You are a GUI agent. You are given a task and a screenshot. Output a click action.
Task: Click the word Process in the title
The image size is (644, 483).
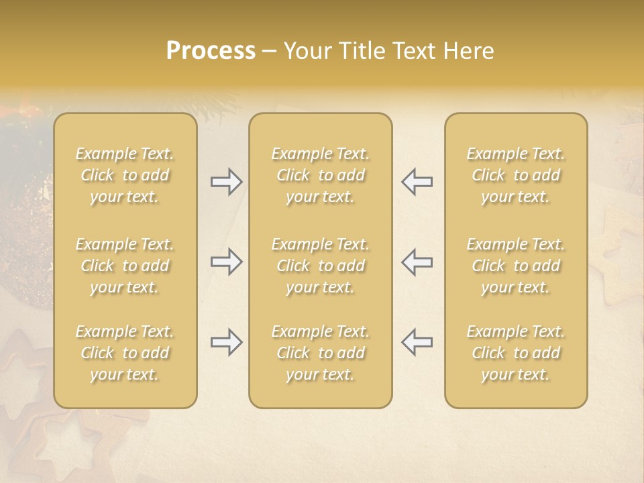(x=211, y=51)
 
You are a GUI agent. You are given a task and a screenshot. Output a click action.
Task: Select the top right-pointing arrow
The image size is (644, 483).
(x=226, y=182)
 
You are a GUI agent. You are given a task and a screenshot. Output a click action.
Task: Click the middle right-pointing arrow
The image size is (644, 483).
(x=226, y=262)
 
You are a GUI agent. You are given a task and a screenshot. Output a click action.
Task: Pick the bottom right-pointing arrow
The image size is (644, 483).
(x=226, y=342)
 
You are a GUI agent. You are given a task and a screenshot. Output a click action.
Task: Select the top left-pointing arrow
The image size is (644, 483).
(x=417, y=182)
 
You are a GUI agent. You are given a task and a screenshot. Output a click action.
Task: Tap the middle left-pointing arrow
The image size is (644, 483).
(x=417, y=262)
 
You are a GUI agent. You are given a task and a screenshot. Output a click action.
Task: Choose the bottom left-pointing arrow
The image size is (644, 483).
(x=417, y=342)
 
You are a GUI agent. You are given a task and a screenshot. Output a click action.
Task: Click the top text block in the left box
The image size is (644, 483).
(x=125, y=175)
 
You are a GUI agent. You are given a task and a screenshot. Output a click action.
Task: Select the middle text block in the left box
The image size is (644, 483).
(x=125, y=266)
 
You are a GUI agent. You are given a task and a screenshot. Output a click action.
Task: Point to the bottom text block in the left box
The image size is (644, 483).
(x=125, y=353)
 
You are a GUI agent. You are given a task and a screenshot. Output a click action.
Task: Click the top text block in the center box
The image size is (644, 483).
(x=321, y=175)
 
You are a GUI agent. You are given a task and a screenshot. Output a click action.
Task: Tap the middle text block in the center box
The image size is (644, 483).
(x=321, y=266)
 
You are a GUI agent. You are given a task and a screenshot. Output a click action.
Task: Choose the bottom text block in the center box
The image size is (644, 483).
(x=321, y=353)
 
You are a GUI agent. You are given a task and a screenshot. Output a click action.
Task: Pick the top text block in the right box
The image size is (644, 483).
(x=516, y=175)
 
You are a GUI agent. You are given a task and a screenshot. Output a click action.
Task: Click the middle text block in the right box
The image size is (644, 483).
(x=516, y=266)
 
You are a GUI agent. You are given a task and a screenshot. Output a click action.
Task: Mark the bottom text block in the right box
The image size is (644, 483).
(x=516, y=353)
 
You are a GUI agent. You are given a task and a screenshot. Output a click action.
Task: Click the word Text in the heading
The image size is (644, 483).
(x=411, y=51)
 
